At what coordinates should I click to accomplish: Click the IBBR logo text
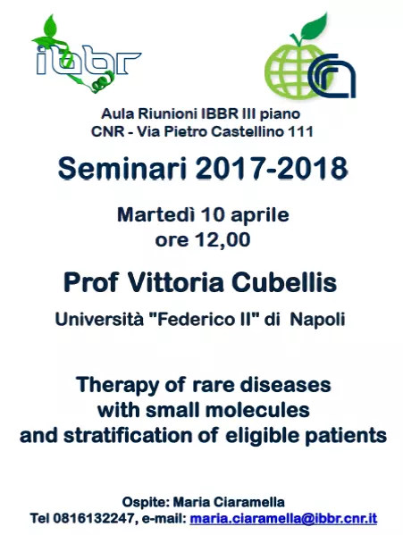(88, 63)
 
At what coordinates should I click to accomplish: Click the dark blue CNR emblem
(332, 76)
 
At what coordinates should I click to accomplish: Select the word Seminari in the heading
(122, 169)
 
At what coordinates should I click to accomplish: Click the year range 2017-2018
(272, 169)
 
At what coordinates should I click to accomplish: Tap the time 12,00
(222, 240)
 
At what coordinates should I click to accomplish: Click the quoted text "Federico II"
(204, 320)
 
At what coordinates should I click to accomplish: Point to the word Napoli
(318, 320)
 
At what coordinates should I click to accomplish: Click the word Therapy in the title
(119, 385)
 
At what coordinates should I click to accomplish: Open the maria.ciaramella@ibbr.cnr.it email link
(283, 519)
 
